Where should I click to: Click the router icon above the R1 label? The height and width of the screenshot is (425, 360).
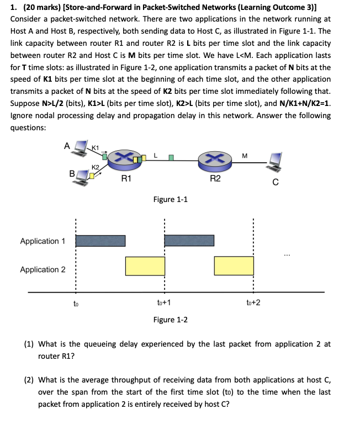coord(125,160)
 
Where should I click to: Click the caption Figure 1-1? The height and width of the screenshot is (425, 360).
coord(170,199)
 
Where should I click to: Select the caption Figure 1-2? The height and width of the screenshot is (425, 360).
coord(170,320)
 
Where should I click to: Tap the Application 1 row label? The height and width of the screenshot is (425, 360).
coord(43,241)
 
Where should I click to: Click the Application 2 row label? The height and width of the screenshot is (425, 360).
coord(43,269)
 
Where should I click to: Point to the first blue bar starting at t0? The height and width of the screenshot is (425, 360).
coord(100,241)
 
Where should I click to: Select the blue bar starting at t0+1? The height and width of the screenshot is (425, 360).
coord(189,241)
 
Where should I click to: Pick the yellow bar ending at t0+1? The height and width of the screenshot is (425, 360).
coord(145,266)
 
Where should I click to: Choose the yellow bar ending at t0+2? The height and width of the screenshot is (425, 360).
coord(234,266)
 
